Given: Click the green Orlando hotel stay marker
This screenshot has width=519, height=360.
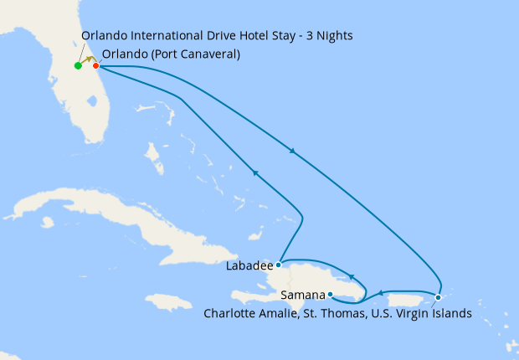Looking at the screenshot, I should [78, 65].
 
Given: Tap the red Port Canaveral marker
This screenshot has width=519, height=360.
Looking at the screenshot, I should [95, 65].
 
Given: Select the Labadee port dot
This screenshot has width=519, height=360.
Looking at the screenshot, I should [278, 265].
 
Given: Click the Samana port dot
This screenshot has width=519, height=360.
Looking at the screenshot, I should [331, 294].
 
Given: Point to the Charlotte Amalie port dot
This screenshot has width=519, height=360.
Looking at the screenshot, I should [438, 297].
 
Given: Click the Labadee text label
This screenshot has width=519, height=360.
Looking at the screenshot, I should [249, 267].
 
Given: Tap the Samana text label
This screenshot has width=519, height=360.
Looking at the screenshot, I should [303, 296].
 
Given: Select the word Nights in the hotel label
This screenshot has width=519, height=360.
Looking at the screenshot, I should [332, 36].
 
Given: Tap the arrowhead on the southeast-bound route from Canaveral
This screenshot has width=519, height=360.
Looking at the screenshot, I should [291, 151].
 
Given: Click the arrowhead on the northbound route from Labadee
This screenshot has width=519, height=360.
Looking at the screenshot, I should [254, 172].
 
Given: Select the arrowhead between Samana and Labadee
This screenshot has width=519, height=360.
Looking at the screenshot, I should [352, 276].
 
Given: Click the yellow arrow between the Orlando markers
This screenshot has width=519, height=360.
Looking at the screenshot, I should [87, 60].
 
